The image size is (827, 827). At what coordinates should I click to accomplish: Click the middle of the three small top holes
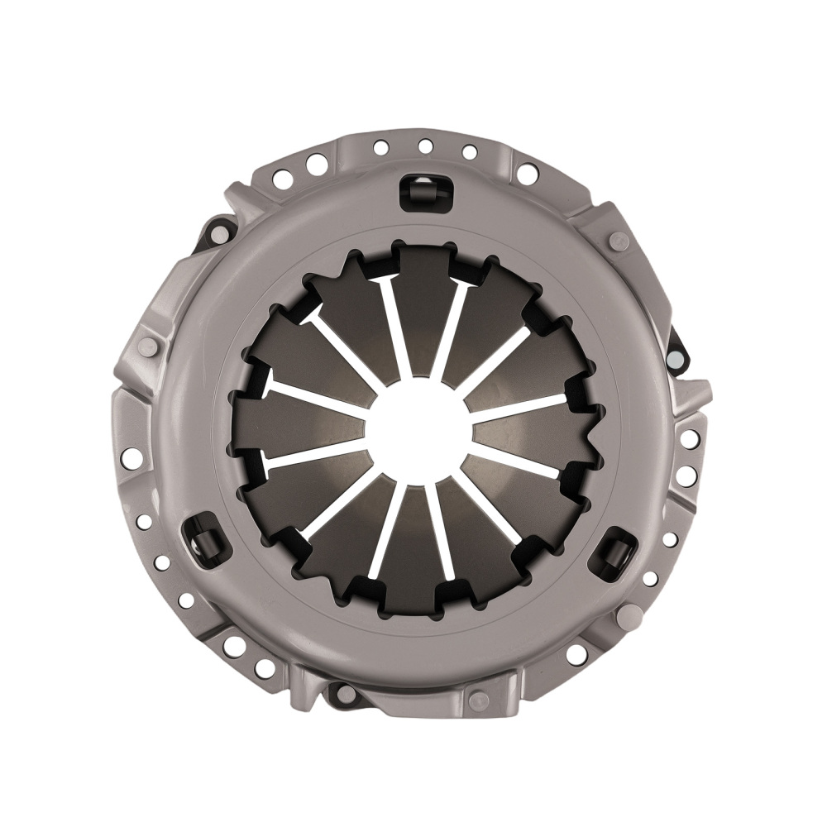click(x=425, y=146)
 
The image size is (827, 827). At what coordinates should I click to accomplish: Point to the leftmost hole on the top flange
click(x=281, y=177)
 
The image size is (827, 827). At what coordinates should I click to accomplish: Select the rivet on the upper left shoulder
click(x=147, y=347)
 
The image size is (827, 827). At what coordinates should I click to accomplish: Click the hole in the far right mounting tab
click(x=676, y=357)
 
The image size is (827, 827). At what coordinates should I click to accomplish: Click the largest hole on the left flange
click(x=131, y=457)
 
